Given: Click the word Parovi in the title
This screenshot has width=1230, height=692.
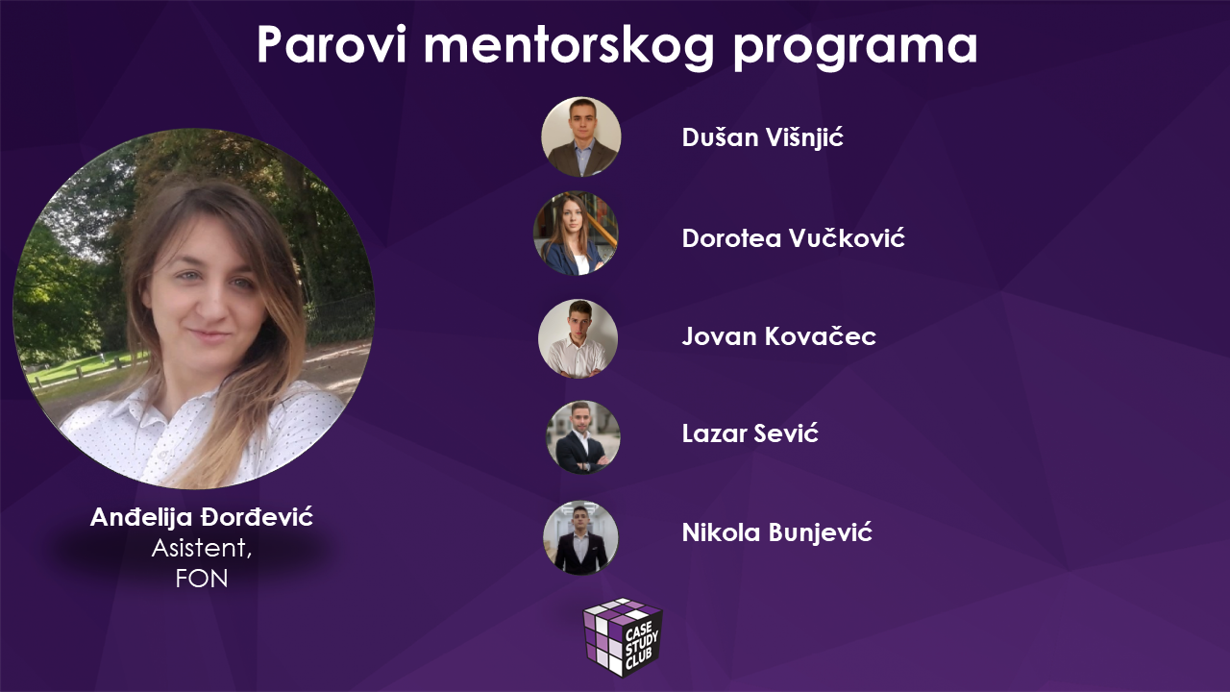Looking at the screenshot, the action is pos(332,45).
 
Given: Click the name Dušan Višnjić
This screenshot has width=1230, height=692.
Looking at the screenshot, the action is pos(762,137).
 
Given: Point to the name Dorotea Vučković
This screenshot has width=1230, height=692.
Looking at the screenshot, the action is pos(793,237).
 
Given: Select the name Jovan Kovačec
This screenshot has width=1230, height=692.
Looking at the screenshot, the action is pos(778,336).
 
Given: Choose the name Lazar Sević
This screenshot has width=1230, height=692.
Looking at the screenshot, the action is pos(750,433).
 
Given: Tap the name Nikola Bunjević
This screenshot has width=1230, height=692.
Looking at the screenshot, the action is pos(777,532).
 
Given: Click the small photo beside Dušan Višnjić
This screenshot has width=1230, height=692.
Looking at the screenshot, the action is pos(581,137).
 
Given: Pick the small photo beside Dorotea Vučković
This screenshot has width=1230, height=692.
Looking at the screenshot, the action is pos(576,234).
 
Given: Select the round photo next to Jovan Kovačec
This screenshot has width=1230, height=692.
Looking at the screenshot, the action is pos(578,338).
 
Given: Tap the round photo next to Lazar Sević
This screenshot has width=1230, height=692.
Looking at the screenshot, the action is pos(582,437).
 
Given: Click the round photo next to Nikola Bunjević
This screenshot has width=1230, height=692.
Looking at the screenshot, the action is pos(580,537).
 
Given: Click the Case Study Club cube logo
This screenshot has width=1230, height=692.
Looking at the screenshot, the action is pos(623,637).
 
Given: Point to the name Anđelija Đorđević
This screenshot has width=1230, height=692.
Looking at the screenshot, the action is pos(202,517).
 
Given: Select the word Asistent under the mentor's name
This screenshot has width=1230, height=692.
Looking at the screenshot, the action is pos(202,548).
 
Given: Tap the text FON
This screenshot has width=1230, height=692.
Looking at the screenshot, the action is pos(202,579).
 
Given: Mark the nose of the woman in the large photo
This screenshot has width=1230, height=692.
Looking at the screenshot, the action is pos(210,305).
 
